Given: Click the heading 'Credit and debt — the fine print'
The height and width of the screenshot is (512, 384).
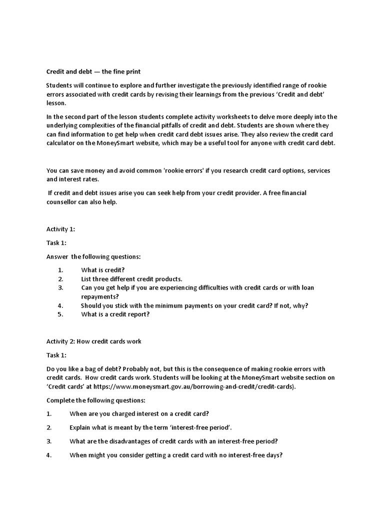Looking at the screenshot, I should tap(94, 72).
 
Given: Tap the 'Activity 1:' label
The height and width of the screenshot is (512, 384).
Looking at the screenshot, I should tap(60, 229).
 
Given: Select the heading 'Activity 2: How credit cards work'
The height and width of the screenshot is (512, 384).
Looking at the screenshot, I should tap(94, 341).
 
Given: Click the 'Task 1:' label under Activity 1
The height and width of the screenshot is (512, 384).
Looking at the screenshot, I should tap(56, 243).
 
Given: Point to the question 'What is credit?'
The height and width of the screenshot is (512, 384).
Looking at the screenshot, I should tap(103, 269).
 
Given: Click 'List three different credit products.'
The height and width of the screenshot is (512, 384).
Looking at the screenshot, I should tap(132, 278).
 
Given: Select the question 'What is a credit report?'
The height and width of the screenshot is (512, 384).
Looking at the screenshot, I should tap(115, 314).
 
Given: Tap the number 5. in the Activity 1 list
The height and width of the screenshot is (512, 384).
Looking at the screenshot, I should tap(60, 314).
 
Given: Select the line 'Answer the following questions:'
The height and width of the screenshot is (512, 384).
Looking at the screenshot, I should tap(93, 256).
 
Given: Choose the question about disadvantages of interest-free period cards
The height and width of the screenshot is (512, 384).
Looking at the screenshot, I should tap(173, 441).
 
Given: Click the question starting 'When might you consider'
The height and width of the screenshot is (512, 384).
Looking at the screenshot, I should tap(176, 455).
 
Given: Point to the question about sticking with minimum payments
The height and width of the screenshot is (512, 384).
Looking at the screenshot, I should tap(195, 305).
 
